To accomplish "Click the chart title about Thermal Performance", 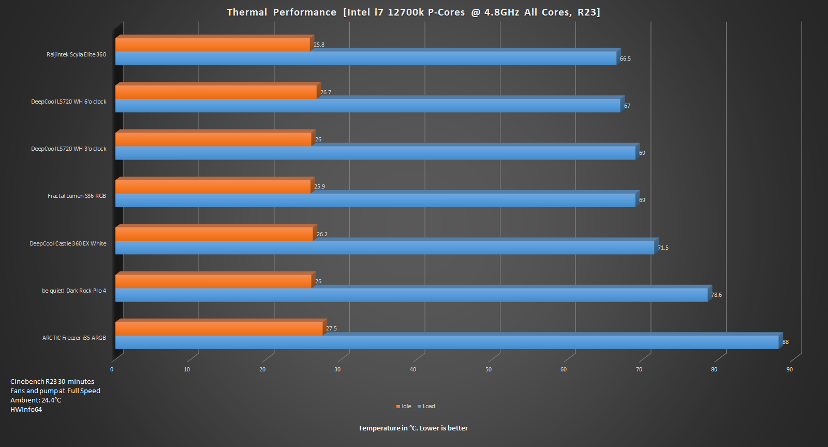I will pos(413,12).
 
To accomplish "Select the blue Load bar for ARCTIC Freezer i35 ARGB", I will pos(447,342).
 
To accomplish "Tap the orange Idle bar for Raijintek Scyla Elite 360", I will pos(212,45).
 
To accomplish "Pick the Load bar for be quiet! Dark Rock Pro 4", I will pos(411,295).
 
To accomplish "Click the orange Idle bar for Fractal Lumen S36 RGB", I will pos(213,187).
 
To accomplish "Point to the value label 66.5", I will pos(625,59).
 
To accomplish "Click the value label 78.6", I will pos(716,295).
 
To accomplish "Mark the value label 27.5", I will pos(331,329).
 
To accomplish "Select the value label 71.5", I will pos(663,248).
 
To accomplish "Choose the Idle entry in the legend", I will pos(404,407).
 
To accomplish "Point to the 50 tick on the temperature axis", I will pos(489,370).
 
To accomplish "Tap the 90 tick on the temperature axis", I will pos(790,370).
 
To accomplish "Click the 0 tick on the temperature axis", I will pos(112,370).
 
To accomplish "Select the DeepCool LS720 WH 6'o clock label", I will pos(69,102).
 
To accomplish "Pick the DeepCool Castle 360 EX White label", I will pos(68,244).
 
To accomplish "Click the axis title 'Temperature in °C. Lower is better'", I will pos(413,428).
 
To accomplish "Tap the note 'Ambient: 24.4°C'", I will pos(36,400).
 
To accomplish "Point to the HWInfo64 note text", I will pos(26,410).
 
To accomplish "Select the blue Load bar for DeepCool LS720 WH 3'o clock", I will pos(375,153).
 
